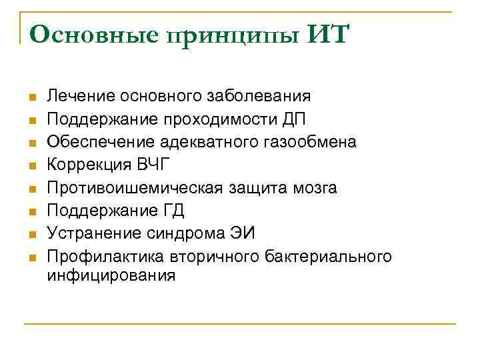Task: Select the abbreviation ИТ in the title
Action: pyautogui.click(x=327, y=34)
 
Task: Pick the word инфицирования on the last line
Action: pyautogui.click(x=111, y=275)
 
